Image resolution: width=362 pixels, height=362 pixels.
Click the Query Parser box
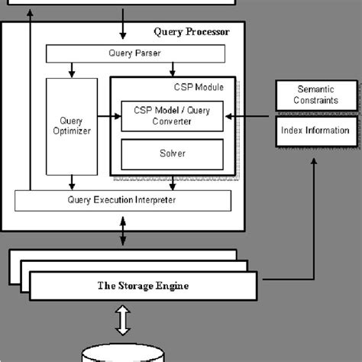[136, 53]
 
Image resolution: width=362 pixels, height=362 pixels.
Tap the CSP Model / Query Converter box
[172, 116]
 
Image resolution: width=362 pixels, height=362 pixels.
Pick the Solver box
[172, 154]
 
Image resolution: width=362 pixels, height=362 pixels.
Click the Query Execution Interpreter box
[122, 200]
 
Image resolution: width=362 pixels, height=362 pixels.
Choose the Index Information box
[314, 131]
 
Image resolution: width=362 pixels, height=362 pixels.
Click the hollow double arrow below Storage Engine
[122, 321]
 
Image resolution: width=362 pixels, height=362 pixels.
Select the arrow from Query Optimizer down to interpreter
[72, 183]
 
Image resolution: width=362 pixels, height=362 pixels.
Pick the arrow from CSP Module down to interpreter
[172, 183]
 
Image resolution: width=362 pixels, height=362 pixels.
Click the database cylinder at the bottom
[122, 354]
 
